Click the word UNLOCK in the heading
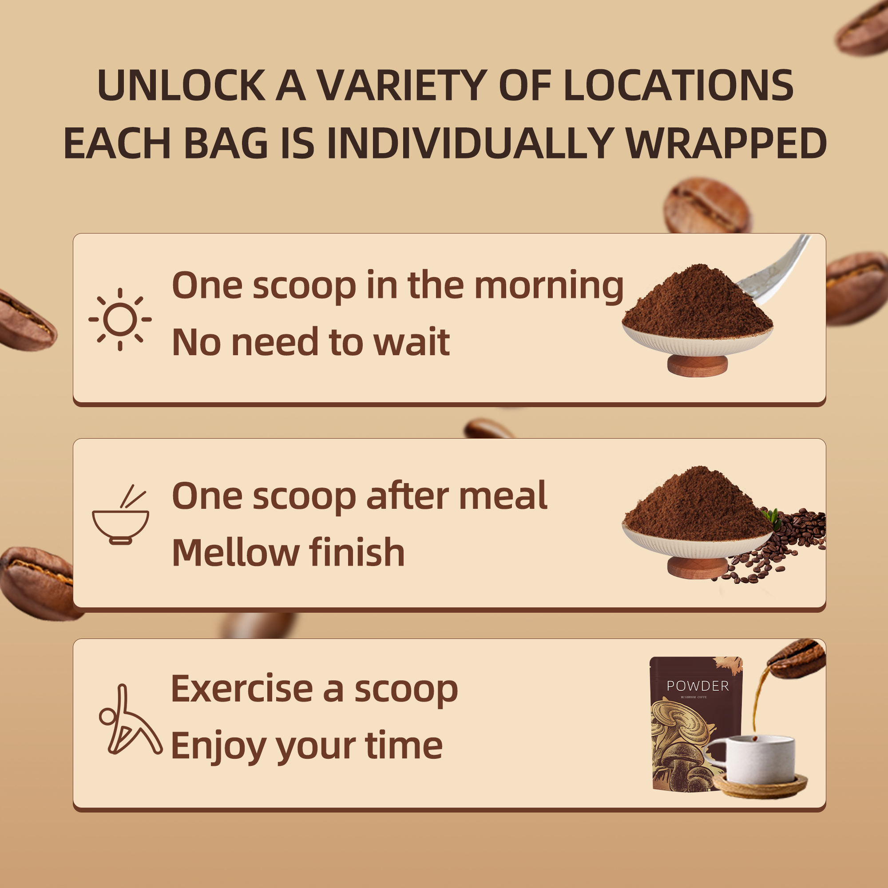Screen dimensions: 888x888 (x=181, y=85)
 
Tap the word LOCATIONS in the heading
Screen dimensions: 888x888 (x=678, y=85)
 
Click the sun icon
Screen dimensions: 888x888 (x=120, y=319)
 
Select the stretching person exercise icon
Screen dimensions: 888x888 (x=131, y=720)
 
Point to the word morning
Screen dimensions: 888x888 (x=549, y=287)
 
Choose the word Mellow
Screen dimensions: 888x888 (x=236, y=552)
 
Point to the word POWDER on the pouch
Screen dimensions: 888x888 (x=698, y=686)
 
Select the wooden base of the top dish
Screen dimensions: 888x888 (x=697, y=365)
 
